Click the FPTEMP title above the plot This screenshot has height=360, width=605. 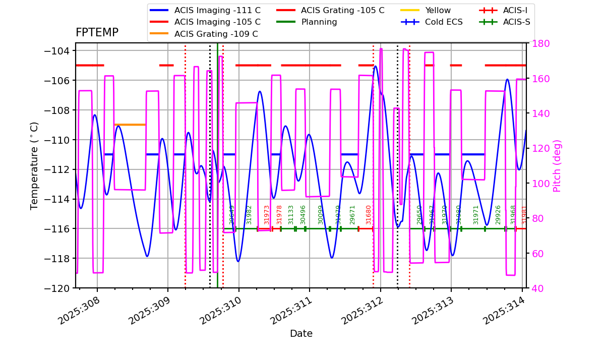point(97,33)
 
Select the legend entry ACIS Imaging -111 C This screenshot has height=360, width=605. point(217,10)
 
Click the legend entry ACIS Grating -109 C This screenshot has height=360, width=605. point(216,34)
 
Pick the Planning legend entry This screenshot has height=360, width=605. point(319,22)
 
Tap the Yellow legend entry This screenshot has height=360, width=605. point(438,10)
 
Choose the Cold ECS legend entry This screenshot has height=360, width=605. point(444,22)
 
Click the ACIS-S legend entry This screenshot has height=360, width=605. point(516,22)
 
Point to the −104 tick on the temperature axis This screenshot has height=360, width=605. point(56,51)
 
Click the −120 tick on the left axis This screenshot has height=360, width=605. point(56,288)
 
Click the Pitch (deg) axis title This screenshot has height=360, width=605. point(557,165)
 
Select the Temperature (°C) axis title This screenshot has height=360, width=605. point(34,165)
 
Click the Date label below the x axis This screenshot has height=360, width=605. point(301,334)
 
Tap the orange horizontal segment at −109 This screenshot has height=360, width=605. point(130,125)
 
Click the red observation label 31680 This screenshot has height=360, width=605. point(369,214)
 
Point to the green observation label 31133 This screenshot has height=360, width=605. point(291,214)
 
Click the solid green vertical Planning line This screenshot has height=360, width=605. point(217,151)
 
